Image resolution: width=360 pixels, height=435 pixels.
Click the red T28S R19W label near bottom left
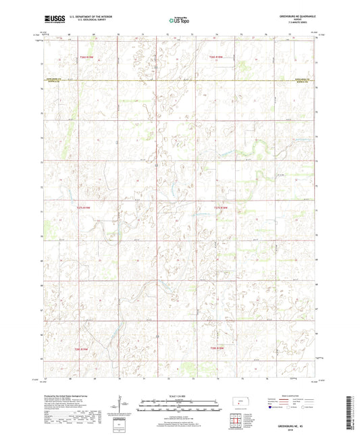click(x=82, y=349)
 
